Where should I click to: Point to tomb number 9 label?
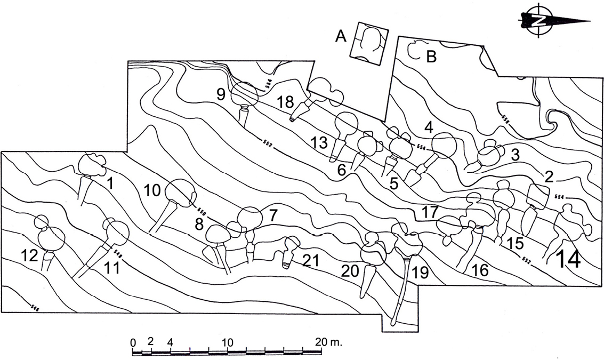(221, 94)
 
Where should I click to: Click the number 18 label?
(285, 102)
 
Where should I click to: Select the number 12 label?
(30, 256)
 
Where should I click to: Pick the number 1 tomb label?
(111, 184)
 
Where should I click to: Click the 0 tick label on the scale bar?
(133, 342)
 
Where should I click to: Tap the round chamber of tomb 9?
(245, 93)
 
